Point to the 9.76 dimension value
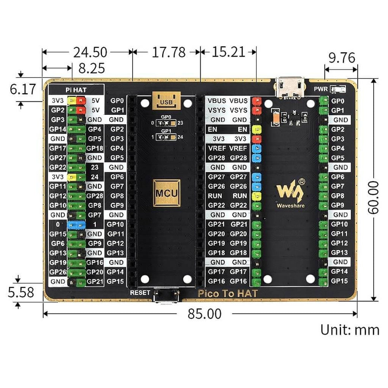(342, 58)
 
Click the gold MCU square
(166, 193)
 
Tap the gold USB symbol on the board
(166, 100)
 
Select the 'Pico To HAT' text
(227, 293)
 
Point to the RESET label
(140, 293)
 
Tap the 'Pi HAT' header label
(76, 90)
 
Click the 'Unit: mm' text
(350, 330)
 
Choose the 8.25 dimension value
(92, 68)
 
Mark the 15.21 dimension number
(228, 52)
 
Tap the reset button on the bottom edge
(166, 296)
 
